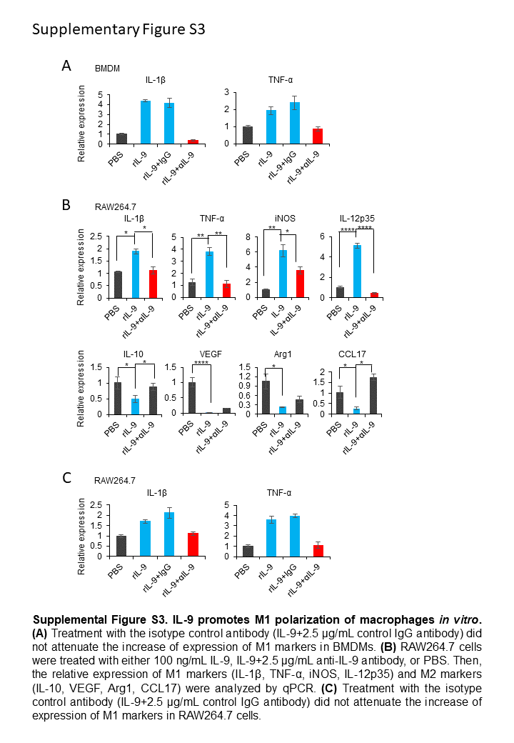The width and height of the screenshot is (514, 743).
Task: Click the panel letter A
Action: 66,66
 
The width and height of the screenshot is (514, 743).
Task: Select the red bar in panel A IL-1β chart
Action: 193,141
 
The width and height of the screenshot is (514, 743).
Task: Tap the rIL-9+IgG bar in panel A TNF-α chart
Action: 295,123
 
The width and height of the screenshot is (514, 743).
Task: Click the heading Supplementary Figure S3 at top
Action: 119,29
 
